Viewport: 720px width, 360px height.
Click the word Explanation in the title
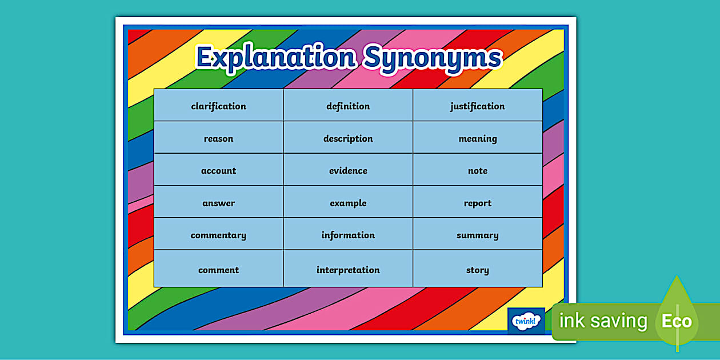pyautogui.click(x=275, y=58)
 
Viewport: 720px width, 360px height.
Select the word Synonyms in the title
pyautogui.click(x=433, y=58)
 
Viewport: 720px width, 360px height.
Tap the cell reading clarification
pyautogui.click(x=219, y=106)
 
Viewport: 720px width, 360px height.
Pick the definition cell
pyautogui.click(x=348, y=106)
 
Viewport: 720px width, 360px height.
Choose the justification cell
pyautogui.click(x=478, y=106)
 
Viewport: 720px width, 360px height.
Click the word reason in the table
pyautogui.click(x=219, y=138)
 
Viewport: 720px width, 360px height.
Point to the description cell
pyautogui.click(x=348, y=138)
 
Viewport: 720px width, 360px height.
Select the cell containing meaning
pyautogui.click(x=478, y=138)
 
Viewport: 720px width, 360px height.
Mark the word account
pyautogui.click(x=219, y=170)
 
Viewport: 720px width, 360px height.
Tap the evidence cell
pyautogui.click(x=348, y=170)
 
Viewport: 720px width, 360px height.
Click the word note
pyautogui.click(x=478, y=170)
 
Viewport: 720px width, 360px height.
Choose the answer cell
pyautogui.click(x=219, y=203)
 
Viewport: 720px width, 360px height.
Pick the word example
pyautogui.click(x=348, y=203)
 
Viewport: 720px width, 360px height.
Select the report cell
pyautogui.click(x=478, y=203)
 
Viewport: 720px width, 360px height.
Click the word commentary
pyautogui.click(x=219, y=235)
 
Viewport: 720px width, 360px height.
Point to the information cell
pyautogui.click(x=348, y=235)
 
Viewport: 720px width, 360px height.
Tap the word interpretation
pyautogui.click(x=348, y=270)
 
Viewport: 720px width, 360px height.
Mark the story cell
pyautogui.click(x=478, y=270)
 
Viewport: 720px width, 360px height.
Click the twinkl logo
pyautogui.click(x=526, y=320)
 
